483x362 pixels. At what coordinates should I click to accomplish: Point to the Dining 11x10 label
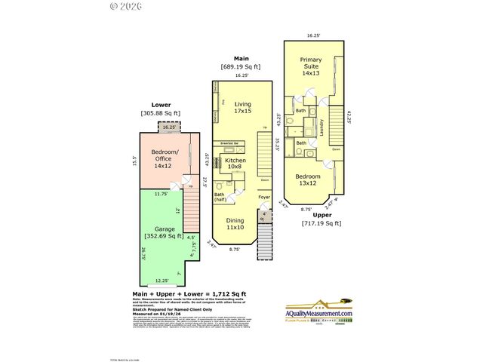tap(235, 223)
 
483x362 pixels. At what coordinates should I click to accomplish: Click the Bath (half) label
tap(220, 198)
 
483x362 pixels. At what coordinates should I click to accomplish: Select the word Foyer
tap(263, 198)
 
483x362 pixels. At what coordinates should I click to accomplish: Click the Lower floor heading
tap(161, 104)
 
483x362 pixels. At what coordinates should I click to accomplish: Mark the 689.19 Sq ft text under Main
tap(240, 67)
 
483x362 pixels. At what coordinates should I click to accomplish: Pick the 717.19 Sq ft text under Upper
tap(321, 223)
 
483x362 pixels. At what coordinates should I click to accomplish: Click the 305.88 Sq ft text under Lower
tap(161, 113)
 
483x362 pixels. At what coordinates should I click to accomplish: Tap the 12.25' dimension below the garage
tap(153, 281)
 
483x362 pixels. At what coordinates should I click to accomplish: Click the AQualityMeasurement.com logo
tap(318, 312)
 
